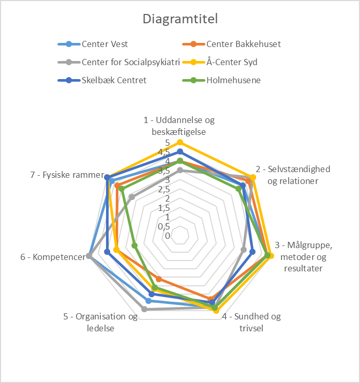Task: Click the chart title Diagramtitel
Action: [180, 19]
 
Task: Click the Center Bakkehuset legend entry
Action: [243, 44]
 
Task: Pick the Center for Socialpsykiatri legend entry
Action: [130, 63]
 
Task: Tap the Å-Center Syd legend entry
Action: [231, 63]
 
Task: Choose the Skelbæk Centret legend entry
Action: [114, 81]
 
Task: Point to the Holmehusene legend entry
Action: [233, 81]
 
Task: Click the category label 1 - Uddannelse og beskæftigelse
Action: [179, 126]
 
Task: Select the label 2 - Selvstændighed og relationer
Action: [293, 175]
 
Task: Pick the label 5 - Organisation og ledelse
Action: [101, 322]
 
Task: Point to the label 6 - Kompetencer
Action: [52, 256]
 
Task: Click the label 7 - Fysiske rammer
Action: [67, 175]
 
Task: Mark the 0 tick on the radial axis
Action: [168, 236]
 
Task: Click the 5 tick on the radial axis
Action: [168, 143]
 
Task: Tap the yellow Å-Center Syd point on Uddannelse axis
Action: [180, 142]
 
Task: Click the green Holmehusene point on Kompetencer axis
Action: [134, 246]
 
